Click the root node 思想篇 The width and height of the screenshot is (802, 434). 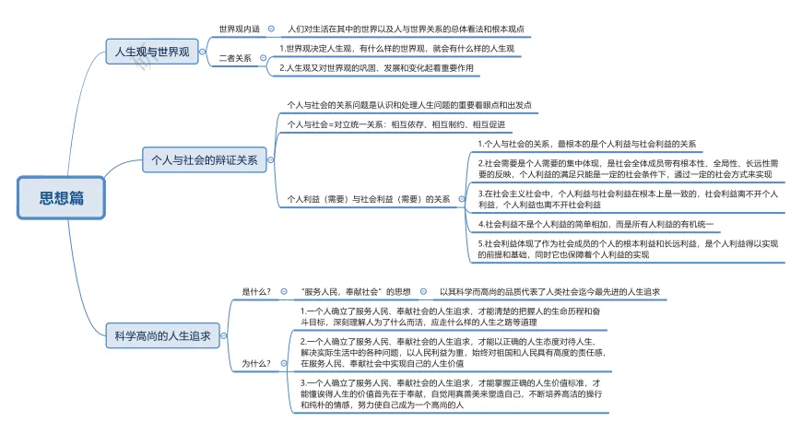tap(62, 197)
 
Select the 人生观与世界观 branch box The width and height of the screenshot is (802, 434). tap(151, 53)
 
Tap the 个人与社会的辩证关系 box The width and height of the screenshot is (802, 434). tap(205, 159)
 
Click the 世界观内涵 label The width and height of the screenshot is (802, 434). tap(239, 29)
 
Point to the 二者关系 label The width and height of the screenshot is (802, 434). tap(235, 58)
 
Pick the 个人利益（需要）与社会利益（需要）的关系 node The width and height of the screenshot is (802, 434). tap(369, 198)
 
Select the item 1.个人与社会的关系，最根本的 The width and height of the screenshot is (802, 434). tap(588, 144)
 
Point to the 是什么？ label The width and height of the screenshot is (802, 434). tap(256, 292)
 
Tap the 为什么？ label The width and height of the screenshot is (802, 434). tap(256, 363)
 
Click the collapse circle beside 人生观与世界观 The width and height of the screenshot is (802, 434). tap(204, 53)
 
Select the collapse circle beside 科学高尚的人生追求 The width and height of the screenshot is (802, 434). tap(226, 336)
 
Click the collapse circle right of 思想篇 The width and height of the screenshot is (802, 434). tap(112, 197)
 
